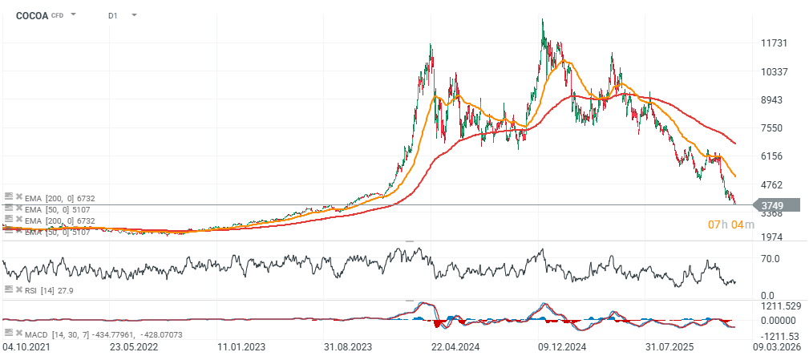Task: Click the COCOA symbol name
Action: point(32,14)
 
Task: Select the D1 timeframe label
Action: point(113,14)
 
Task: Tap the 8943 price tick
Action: point(774,99)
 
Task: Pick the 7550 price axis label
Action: point(774,127)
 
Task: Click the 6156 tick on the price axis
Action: point(774,156)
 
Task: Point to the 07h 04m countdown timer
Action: point(730,224)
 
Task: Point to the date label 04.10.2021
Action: point(26,347)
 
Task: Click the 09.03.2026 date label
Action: point(778,347)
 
